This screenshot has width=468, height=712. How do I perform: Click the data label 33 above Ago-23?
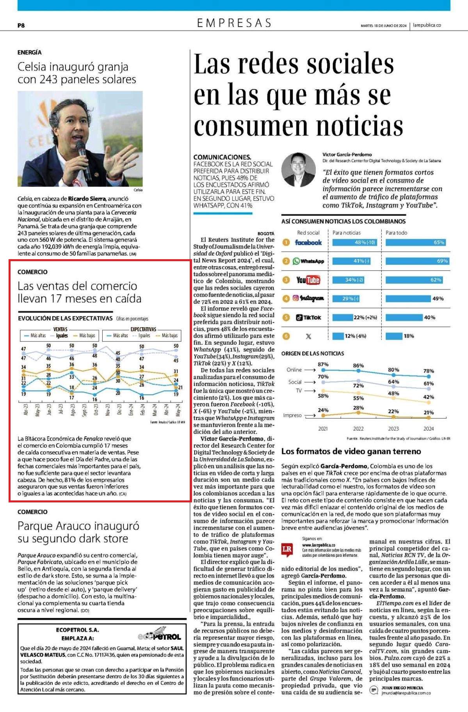71,377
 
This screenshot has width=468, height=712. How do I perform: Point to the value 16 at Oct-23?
94,399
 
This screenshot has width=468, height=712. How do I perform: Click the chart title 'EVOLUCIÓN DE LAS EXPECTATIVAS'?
65,318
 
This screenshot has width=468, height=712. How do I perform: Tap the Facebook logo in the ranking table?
308,242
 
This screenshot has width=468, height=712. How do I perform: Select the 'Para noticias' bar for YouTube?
349,280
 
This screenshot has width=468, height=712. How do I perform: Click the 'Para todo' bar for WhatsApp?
417,261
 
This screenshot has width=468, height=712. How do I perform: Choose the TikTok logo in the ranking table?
308,317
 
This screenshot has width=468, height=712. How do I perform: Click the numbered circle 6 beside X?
286,336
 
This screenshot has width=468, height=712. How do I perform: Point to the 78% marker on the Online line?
429,377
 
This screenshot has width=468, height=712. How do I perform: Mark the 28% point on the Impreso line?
358,412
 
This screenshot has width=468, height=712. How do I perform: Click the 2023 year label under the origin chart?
393,429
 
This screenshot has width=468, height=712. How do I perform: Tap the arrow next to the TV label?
310,390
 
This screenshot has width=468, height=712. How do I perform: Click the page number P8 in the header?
21,25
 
